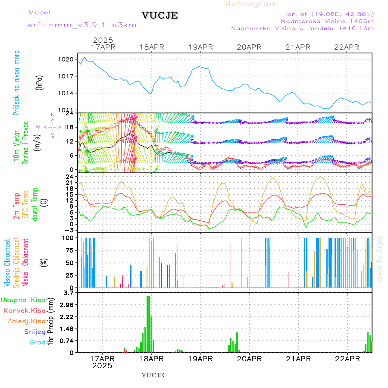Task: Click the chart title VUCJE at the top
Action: pos(160,16)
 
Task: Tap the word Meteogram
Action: pos(251,4)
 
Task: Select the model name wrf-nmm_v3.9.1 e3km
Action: pos(82,25)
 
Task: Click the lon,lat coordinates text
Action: pos(327,13)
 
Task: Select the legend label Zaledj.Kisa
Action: pos(26,321)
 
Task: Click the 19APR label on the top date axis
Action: pos(200,47)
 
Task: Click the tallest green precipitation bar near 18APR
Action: pos(148,323)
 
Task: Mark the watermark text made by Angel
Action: pos(380,259)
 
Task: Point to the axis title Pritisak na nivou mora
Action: pos(16,85)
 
